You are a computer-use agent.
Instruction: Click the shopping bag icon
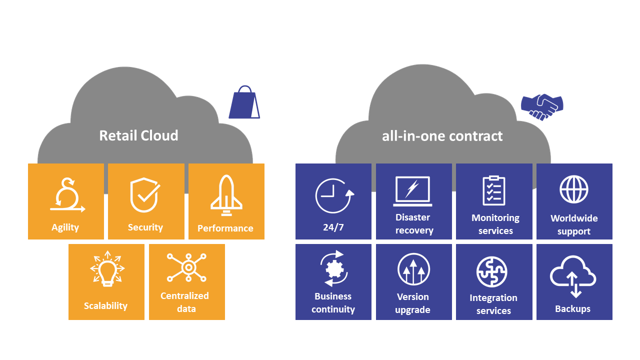(x=244, y=102)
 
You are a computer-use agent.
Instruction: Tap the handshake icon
(x=542, y=106)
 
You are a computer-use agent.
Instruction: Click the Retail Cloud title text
(x=138, y=135)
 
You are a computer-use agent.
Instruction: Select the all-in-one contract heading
(x=442, y=135)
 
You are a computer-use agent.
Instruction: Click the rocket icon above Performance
(x=226, y=194)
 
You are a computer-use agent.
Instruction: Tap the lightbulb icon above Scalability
(x=107, y=268)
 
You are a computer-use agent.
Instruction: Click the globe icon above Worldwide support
(x=573, y=189)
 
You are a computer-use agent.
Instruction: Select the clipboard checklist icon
(x=494, y=190)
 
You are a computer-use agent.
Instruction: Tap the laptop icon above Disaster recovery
(x=412, y=191)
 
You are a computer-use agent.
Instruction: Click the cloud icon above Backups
(x=573, y=276)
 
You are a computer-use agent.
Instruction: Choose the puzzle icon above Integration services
(x=492, y=272)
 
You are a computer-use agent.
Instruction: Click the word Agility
(x=65, y=227)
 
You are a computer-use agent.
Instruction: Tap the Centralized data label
(x=185, y=302)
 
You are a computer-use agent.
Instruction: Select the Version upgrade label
(x=413, y=303)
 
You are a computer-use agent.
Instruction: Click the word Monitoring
(x=495, y=218)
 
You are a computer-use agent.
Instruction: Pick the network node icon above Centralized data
(x=187, y=267)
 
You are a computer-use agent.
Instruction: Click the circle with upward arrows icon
(x=413, y=270)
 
